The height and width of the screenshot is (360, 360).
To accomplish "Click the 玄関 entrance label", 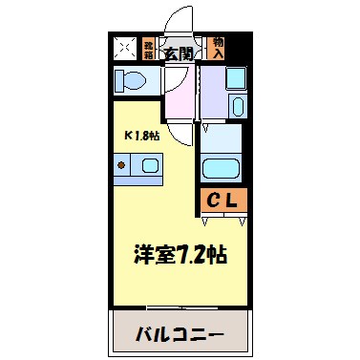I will tap(179, 53).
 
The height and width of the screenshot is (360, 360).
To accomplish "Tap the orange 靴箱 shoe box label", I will tap(149, 48).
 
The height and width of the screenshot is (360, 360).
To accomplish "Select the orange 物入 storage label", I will tap(219, 47).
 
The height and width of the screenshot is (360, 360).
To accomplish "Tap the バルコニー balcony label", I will tap(180, 335).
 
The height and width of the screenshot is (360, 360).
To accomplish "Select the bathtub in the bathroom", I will tap(224, 170).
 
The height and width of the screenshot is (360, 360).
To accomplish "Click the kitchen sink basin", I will tap(150, 166).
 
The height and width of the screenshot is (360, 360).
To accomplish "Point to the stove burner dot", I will tap(122, 165).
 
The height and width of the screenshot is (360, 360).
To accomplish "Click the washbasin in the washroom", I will tap(238, 107).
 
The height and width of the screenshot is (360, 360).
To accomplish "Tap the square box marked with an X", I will tap(124, 47).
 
